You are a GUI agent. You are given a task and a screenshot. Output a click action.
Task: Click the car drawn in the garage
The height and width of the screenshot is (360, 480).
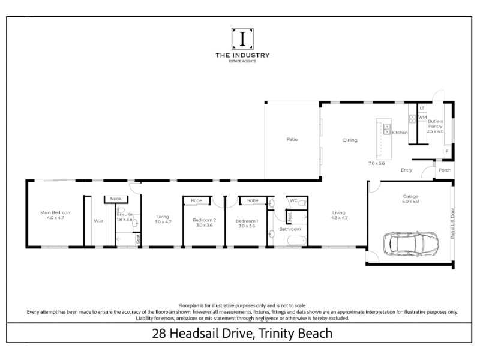[411, 244]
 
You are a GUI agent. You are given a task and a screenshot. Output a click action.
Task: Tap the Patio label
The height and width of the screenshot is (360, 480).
[292, 139]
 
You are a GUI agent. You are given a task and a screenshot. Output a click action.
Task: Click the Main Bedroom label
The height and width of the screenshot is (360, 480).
[56, 212]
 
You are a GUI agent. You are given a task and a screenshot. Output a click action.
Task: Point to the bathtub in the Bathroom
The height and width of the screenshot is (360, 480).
[297, 241]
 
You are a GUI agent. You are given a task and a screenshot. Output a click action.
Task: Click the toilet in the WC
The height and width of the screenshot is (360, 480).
[302, 203]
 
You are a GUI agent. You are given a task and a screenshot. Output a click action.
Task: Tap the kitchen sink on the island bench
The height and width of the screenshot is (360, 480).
[387, 129]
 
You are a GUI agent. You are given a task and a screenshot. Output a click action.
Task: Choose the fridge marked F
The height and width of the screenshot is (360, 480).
[447, 151]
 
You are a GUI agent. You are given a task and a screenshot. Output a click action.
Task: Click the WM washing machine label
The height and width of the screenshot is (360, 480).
[422, 117]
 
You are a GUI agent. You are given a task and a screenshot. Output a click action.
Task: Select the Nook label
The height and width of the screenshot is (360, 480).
[116, 199]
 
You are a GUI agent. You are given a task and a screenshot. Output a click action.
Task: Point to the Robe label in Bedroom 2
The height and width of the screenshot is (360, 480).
[196, 200]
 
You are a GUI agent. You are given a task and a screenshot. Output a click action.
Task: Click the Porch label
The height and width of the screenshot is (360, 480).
[445, 170]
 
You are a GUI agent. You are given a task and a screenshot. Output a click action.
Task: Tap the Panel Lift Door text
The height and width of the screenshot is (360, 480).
[453, 223]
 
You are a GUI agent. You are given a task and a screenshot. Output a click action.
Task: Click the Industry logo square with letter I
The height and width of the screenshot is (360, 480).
[242, 38]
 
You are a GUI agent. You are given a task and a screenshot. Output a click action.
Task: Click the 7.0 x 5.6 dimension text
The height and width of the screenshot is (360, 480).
[377, 163]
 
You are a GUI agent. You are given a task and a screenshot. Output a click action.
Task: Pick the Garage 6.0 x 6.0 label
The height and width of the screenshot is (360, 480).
[410, 199]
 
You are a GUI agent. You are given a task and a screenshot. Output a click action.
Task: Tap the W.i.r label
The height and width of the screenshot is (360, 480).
[98, 221]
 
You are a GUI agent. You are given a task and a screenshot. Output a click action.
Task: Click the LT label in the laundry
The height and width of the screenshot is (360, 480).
[422, 108]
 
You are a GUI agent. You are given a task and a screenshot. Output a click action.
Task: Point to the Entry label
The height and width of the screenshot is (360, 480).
[407, 170]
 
